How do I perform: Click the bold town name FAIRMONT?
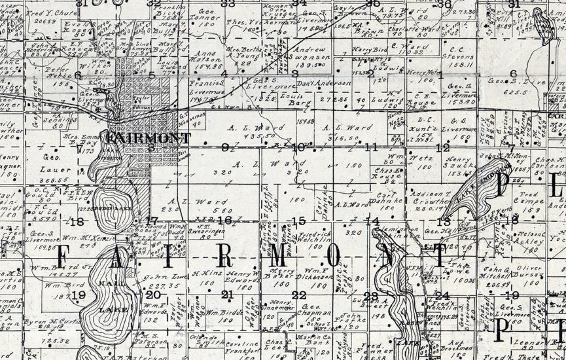[x=149, y=138]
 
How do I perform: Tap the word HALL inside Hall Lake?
[x=110, y=283]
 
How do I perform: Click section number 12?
[x=443, y=148]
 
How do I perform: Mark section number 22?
[x=299, y=295]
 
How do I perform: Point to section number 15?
[x=299, y=221]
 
